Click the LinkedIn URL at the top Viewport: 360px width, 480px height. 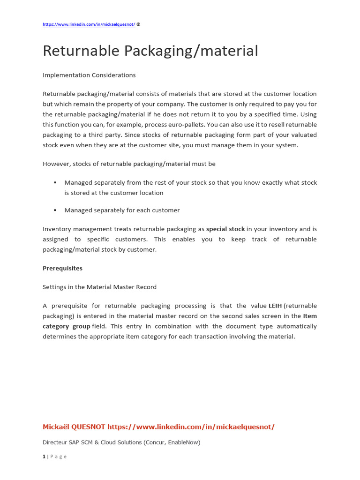pyautogui.click(x=89, y=24)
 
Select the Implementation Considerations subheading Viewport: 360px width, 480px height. pyautogui.click(x=89, y=75)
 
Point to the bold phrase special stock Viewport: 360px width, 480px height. pyautogui.click(x=225, y=229)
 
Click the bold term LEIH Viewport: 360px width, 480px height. pyautogui.click(x=275, y=306)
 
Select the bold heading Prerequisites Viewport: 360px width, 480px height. pyautogui.click(x=62, y=269)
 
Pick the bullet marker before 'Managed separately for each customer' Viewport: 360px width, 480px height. pyautogui.click(x=55, y=210)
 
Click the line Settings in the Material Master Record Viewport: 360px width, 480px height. pyautogui.click(x=99, y=287)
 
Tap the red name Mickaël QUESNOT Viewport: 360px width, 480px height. pyautogui.click(x=74, y=427)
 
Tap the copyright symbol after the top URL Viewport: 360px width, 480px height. pyautogui.click(x=138, y=24)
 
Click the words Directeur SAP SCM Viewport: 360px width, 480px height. pyautogui.click(x=71, y=442)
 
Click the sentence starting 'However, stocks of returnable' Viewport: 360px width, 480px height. pyautogui.click(x=129, y=164)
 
